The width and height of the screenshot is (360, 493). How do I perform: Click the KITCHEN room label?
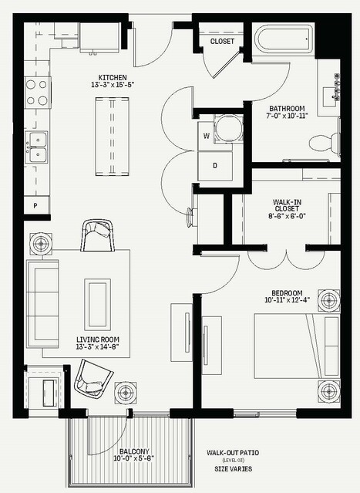point(113,77)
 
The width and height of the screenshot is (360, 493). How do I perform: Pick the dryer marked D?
point(215,165)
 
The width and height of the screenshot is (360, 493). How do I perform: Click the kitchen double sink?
point(37,147)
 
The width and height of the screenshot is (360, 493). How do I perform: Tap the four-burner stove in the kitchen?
point(37,93)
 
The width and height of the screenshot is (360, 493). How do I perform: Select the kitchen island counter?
point(112,136)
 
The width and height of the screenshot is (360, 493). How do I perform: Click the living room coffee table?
point(97,304)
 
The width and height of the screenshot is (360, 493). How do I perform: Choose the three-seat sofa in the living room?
point(42,303)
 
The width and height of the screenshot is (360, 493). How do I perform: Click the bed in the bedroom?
point(297,346)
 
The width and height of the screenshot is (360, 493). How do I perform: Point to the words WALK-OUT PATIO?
point(233,453)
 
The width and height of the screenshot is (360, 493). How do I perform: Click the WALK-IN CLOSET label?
point(287,205)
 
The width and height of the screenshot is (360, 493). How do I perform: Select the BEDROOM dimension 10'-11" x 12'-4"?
point(287,299)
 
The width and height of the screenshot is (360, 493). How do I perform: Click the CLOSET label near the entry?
point(222,41)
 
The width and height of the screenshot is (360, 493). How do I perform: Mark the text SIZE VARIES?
point(233,469)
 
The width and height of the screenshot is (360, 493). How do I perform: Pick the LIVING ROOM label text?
point(98,339)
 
